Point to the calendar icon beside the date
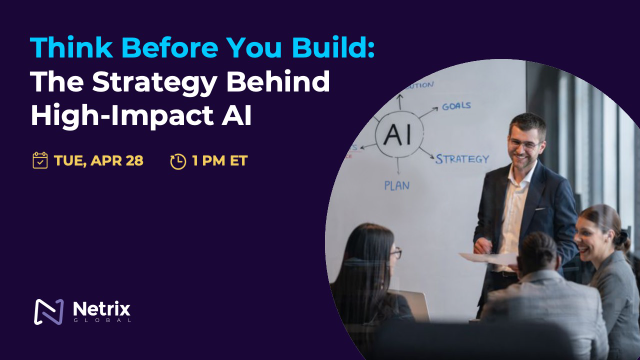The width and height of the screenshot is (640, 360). click(x=40, y=160)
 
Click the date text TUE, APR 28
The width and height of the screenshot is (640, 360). click(x=100, y=160)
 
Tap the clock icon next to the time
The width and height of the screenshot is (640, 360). click(x=178, y=160)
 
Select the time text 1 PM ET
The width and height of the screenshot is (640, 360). click(x=223, y=160)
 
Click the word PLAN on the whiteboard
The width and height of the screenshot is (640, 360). click(x=397, y=185)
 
